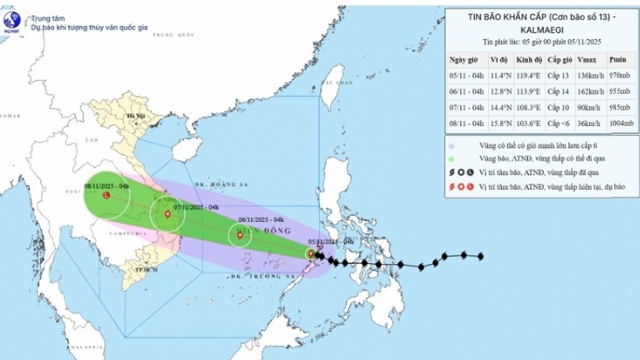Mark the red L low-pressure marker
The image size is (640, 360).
coord(107,196)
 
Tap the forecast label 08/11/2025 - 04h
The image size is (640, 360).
coord(107,186)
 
